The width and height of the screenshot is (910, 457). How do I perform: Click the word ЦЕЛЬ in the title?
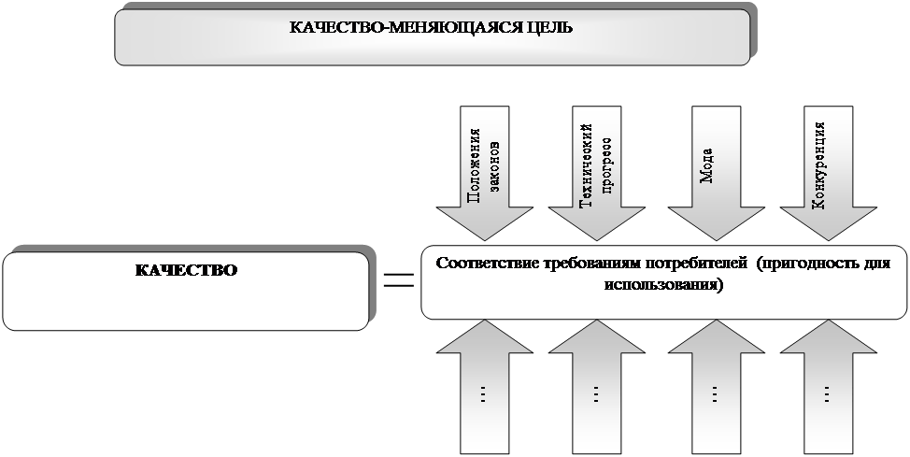coord(550,27)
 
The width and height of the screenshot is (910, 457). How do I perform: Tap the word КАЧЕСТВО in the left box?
coord(186,271)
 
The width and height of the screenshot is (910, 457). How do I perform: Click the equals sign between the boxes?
coord(399,280)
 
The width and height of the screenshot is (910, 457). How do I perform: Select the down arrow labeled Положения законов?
coord(485,173)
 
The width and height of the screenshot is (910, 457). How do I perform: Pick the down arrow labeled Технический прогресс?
coord(597,173)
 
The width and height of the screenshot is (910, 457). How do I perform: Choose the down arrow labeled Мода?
coord(717,173)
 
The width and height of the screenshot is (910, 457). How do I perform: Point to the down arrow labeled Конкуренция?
coord(828,173)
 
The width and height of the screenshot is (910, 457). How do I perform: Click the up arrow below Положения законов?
coord(485,387)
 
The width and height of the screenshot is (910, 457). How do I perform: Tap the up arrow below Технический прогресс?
coord(597,387)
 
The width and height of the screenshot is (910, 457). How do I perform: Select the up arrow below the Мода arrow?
coord(717,387)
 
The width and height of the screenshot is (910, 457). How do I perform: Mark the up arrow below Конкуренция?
coord(828,387)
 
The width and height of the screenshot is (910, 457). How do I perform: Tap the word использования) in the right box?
coord(664,286)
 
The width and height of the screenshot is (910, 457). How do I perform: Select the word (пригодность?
coord(810,264)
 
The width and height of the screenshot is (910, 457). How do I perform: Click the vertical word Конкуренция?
coord(818,164)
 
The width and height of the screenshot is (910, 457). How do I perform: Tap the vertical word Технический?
coord(587,165)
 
